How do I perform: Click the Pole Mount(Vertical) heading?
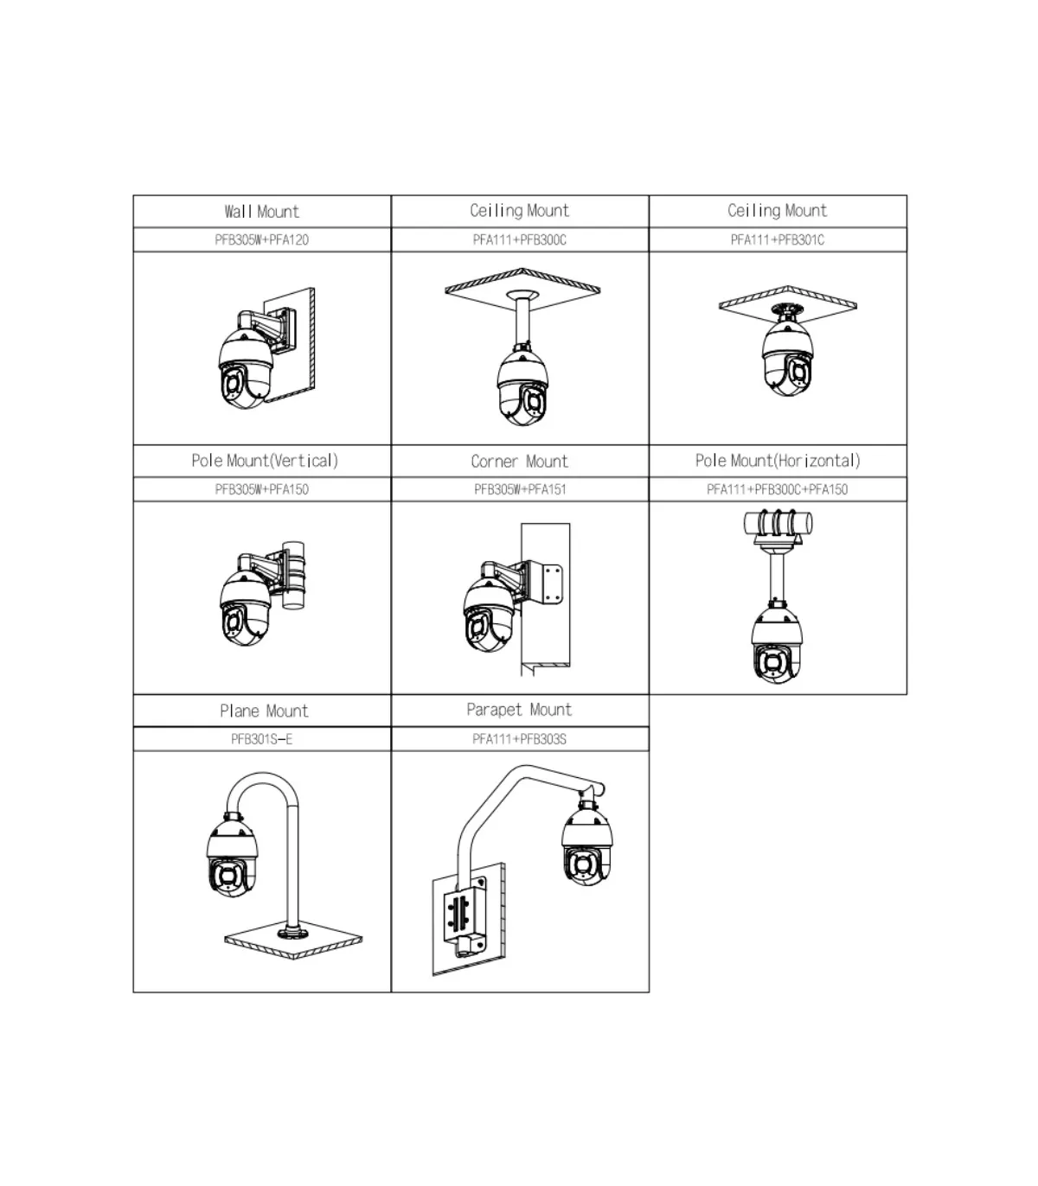click(265, 461)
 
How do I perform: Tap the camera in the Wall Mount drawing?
click(246, 369)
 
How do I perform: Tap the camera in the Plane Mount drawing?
click(232, 856)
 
